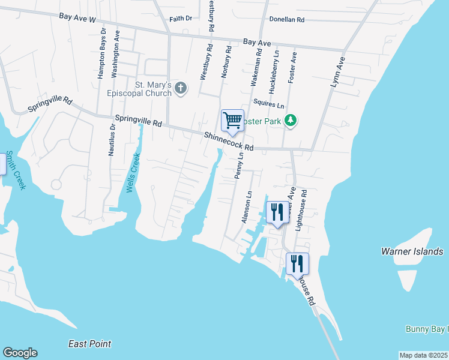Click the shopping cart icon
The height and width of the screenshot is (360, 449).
tap(232, 119)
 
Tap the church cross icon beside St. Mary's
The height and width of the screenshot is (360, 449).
tap(181, 89)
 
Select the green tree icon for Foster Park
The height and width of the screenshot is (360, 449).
tap(291, 121)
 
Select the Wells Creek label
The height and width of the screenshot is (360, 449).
tap(133, 173)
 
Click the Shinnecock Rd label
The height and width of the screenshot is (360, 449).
tap(228, 142)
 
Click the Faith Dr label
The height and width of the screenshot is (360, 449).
tap(180, 19)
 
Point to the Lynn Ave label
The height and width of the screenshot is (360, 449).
tap(338, 73)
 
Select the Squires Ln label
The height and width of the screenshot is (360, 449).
tap(268, 104)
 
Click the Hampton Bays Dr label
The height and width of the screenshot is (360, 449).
tap(102, 53)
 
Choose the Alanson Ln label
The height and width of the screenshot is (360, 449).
tap(246, 208)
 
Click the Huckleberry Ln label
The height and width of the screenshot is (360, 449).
tap(274, 71)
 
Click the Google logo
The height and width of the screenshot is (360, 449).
tap(20, 353)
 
